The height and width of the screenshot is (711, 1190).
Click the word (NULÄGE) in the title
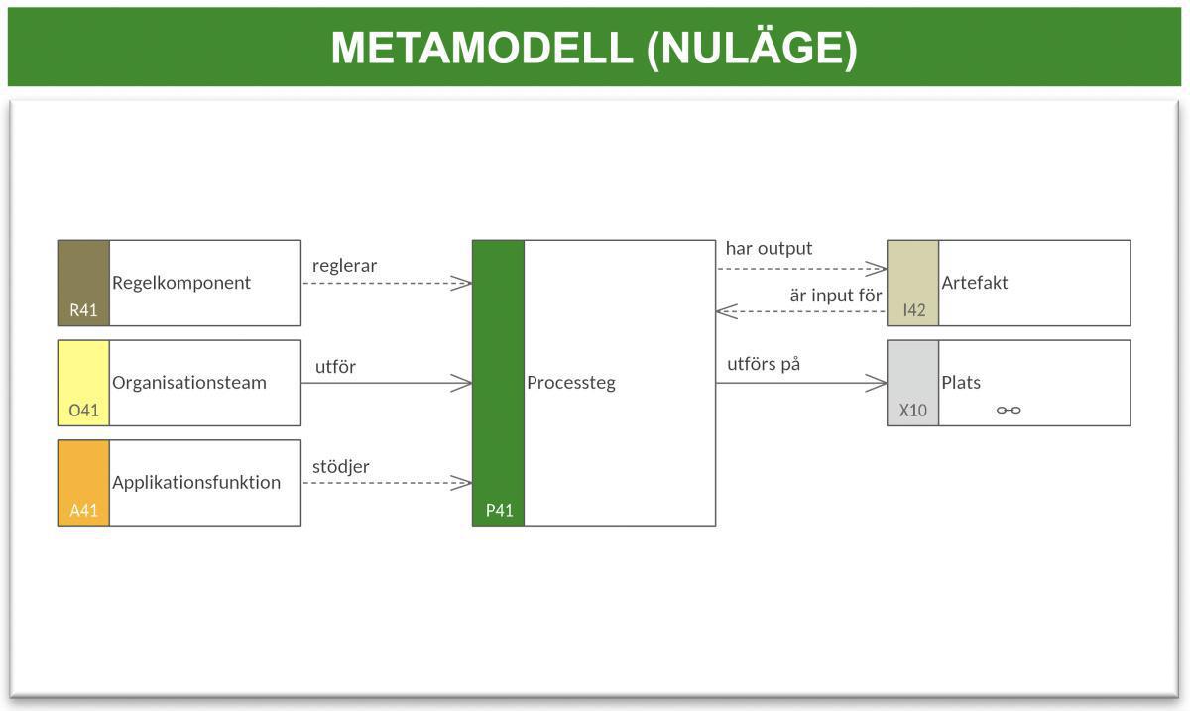(752, 48)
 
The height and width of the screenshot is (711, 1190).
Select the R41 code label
(83, 310)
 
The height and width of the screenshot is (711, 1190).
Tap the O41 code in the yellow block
(83, 410)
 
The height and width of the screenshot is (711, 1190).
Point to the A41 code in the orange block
(83, 510)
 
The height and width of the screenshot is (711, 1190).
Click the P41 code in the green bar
(499, 511)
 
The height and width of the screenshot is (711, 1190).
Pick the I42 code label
(913, 310)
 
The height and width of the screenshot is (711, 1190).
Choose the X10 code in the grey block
(912, 410)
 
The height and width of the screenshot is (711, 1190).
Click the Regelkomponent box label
(181, 283)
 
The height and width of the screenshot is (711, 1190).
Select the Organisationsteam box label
(188, 383)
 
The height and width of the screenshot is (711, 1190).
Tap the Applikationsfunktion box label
(196, 483)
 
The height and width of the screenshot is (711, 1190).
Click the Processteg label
(570, 383)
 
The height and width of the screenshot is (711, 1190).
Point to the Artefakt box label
(974, 283)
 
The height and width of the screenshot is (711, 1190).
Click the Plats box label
(960, 383)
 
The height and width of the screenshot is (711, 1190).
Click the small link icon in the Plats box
(1009, 410)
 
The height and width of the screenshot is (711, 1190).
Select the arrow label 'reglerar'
(344, 266)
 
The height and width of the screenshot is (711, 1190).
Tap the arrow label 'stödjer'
(340, 466)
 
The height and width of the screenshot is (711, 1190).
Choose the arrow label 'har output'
(769, 248)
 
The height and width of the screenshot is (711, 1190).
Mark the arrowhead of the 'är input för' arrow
(723, 311)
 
